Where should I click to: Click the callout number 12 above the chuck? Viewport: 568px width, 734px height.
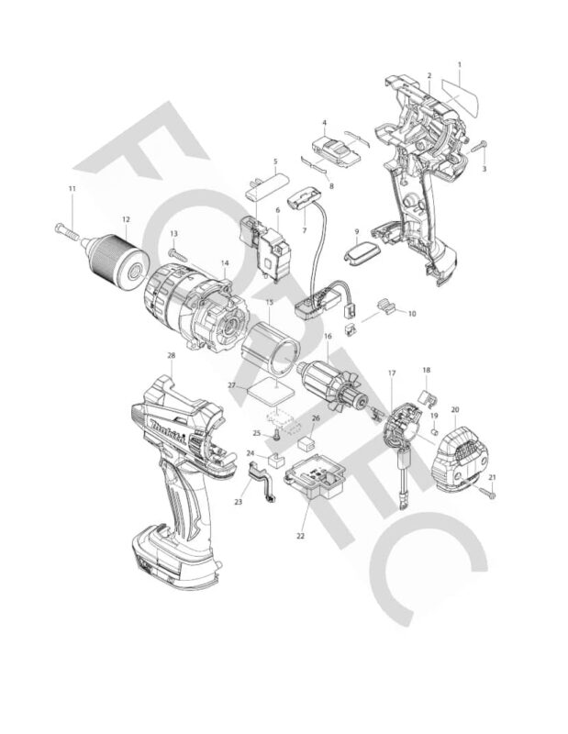coord(126,219)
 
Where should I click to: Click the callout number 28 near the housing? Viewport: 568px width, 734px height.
coord(171,355)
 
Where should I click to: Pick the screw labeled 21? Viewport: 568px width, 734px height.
coord(489,494)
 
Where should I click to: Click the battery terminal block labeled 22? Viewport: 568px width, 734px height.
coord(319,478)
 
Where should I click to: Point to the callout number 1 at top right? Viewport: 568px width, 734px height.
coord(459,64)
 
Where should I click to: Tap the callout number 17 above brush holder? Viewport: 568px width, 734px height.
coord(392,373)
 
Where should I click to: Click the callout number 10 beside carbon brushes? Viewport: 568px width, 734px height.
coord(411,313)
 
